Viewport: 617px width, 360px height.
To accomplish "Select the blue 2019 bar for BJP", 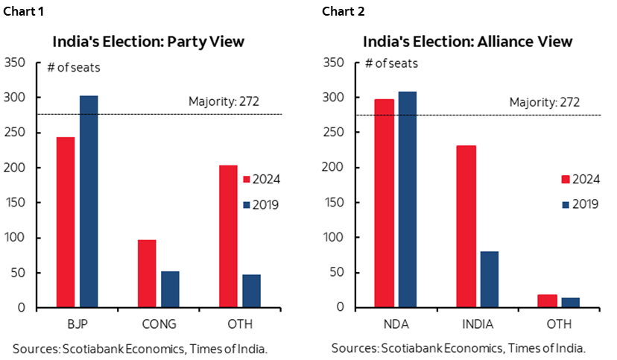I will [x=89, y=201].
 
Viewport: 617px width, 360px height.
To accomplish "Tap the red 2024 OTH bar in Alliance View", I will [x=547, y=300].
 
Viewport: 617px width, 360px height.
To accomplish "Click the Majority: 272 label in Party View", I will [x=223, y=101].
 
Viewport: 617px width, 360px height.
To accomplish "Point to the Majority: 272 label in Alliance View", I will [x=544, y=103].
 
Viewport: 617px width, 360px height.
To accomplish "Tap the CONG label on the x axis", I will [x=159, y=324].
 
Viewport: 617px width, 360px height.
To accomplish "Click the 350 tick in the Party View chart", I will [x=15, y=63].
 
